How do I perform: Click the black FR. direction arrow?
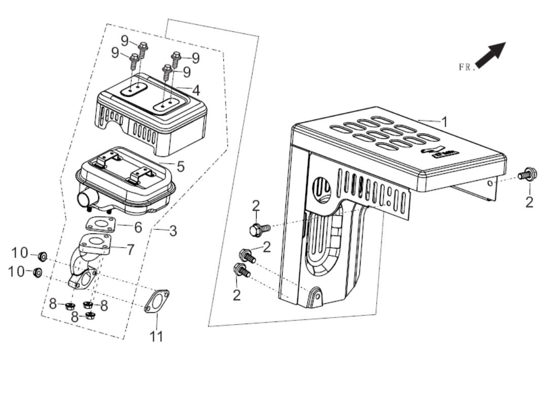click(491, 55)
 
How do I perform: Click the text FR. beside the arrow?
click(466, 67)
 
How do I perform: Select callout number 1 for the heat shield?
click(444, 122)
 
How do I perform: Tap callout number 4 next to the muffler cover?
click(196, 91)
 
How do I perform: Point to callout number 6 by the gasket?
click(138, 227)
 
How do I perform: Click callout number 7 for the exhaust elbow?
click(130, 249)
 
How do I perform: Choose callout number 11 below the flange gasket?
click(157, 336)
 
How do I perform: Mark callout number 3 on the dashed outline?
click(173, 231)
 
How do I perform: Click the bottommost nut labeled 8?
click(91, 316)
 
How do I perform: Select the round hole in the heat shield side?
click(322, 189)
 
